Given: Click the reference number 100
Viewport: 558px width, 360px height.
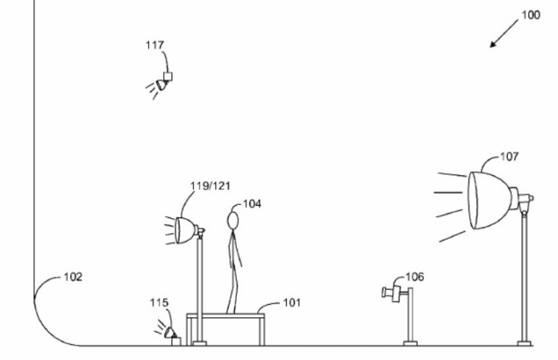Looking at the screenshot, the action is point(531,15).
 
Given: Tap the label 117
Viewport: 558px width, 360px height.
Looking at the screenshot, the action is point(155,45).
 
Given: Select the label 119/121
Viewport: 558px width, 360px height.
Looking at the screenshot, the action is point(210,185).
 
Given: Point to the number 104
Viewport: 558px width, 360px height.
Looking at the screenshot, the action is point(252,204).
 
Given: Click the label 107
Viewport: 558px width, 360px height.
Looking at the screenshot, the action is point(509,156).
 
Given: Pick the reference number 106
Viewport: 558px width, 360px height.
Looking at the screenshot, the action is point(415,277).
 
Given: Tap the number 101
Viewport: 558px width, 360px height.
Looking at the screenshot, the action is point(292,303).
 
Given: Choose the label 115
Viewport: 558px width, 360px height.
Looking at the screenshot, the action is point(159,303).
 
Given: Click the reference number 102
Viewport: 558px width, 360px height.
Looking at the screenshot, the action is point(73,277).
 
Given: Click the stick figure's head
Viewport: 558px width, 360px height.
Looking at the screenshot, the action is point(233,220).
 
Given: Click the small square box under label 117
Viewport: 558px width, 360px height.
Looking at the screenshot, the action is point(167,77).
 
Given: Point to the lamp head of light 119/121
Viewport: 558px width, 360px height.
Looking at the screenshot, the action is point(185,230).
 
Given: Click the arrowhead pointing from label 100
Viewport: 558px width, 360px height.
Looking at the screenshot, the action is point(494,43).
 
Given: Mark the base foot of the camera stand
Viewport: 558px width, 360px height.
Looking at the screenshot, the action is point(410,343).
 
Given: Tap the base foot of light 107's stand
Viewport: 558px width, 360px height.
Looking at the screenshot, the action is point(525,343).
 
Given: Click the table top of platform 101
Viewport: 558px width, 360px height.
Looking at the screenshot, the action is point(225,316).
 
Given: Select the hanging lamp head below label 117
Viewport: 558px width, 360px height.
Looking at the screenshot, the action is point(162,85).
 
